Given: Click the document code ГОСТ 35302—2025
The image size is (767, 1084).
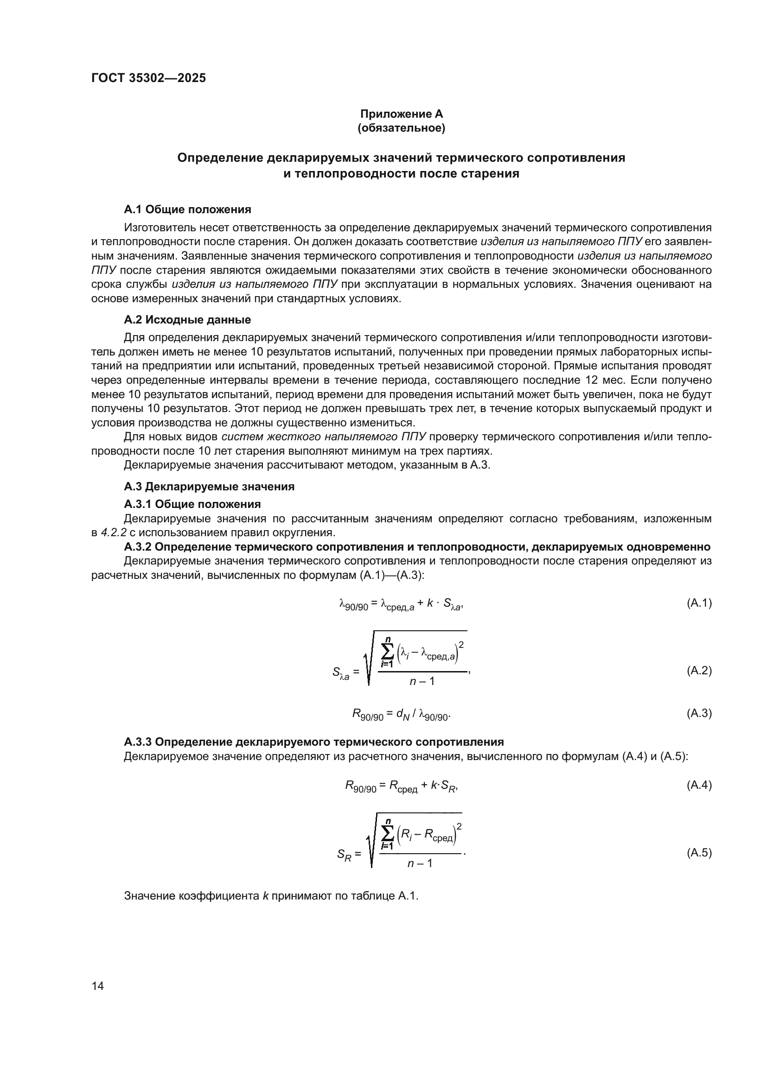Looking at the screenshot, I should [148, 78].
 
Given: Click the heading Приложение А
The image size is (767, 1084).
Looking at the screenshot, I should [402, 114].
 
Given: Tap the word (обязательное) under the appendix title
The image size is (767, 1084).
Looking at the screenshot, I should [402, 128].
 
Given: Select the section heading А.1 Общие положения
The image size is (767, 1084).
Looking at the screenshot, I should [187, 209].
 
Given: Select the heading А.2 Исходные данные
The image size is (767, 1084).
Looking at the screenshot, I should [187, 320].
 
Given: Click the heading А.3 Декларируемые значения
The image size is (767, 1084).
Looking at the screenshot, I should [209, 486].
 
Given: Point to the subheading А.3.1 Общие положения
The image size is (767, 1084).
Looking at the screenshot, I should [192, 504].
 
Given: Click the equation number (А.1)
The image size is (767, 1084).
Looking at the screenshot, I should [699, 603].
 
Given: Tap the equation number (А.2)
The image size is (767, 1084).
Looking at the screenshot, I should [699, 671].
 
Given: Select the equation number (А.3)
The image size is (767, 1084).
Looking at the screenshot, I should [699, 713].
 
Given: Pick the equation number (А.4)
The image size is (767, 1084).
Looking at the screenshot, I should [699, 785].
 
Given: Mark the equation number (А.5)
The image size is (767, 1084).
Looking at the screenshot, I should [699, 853].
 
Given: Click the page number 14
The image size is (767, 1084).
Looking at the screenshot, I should [98, 986].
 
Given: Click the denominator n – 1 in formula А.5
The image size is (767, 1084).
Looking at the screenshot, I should [420, 863].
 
